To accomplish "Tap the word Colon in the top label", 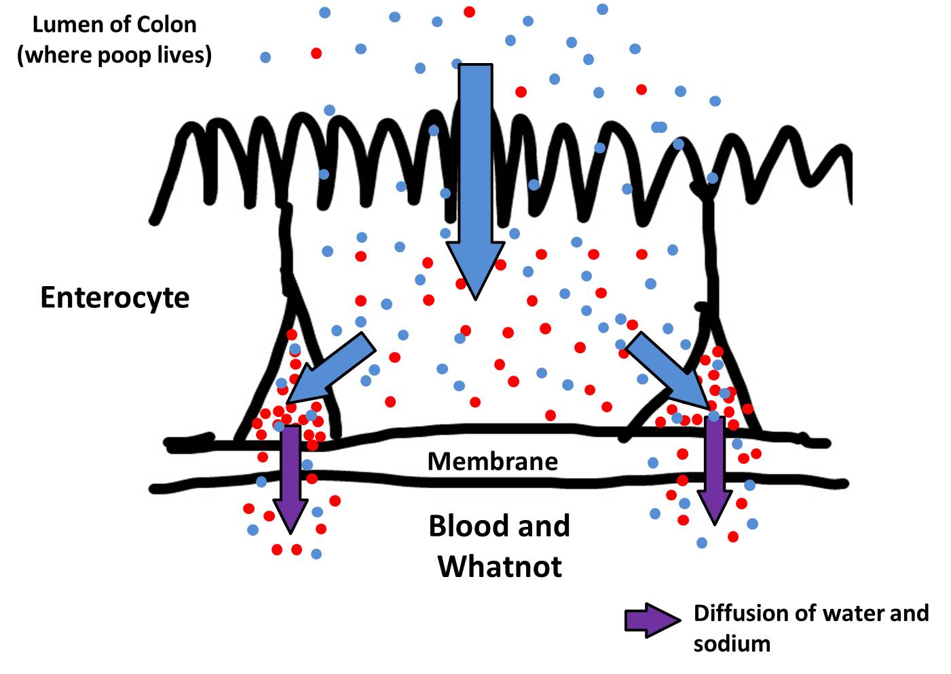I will pos(165,25).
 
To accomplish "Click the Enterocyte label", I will pos(115,298).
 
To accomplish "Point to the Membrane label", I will pos(493,462).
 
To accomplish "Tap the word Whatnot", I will pos(500,566).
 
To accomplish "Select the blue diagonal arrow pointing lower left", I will pos(332,369).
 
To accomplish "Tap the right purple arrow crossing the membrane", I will pos(714,468).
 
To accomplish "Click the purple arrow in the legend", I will pos(651,620).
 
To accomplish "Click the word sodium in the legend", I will pos(732,643).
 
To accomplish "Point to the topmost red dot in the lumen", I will pos(469,12).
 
